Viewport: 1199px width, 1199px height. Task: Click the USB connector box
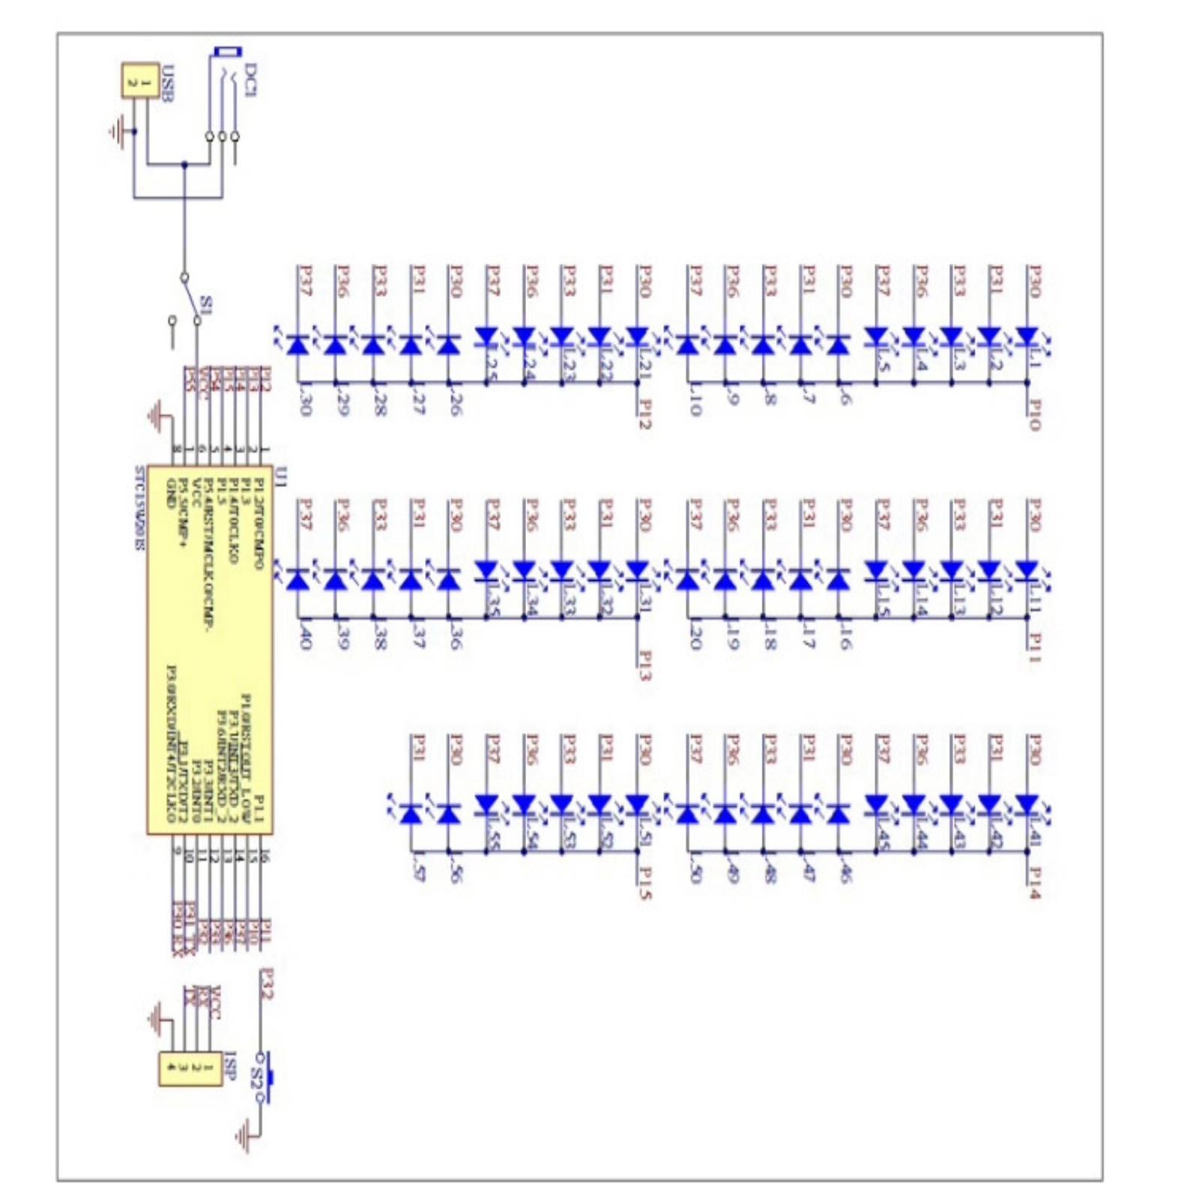pos(140,80)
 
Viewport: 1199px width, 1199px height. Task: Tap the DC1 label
pos(251,81)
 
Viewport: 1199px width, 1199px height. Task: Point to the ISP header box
pos(190,1068)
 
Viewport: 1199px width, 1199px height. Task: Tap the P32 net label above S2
pos(266,984)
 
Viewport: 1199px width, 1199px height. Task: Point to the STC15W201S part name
pos(139,508)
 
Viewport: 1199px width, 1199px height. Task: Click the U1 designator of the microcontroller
pos(281,475)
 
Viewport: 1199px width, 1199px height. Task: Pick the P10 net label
pos(1034,414)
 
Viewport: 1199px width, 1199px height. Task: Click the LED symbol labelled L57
pos(411,813)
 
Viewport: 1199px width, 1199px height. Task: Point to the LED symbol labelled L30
pos(298,345)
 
